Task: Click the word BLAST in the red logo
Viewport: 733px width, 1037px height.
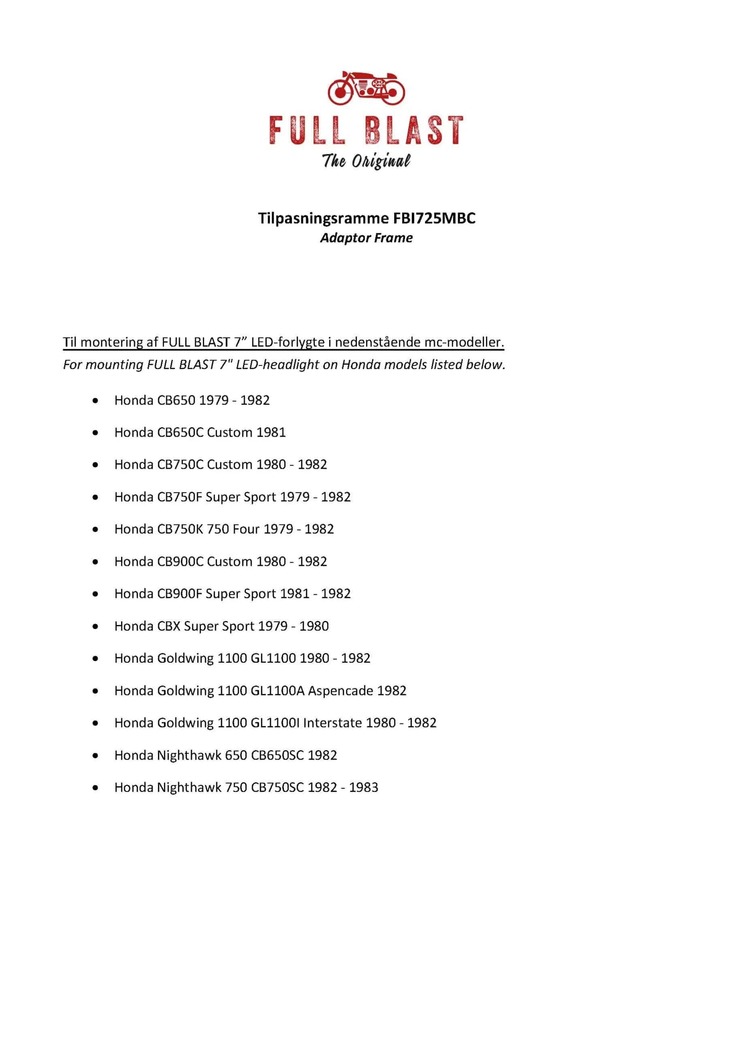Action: coord(414,130)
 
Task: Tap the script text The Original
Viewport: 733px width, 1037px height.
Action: coord(366,161)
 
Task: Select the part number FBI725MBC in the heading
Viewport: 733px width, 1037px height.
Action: coord(434,218)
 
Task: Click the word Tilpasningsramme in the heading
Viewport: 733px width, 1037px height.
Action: coord(323,218)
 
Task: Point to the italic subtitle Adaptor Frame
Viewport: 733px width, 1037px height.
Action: coord(366,238)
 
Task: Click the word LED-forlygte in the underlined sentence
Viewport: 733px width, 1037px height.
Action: coord(288,342)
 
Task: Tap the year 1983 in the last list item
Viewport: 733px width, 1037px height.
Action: coord(364,787)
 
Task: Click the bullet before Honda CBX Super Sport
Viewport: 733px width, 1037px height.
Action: coord(95,626)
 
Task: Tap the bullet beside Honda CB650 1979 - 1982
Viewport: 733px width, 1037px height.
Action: coord(95,400)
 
